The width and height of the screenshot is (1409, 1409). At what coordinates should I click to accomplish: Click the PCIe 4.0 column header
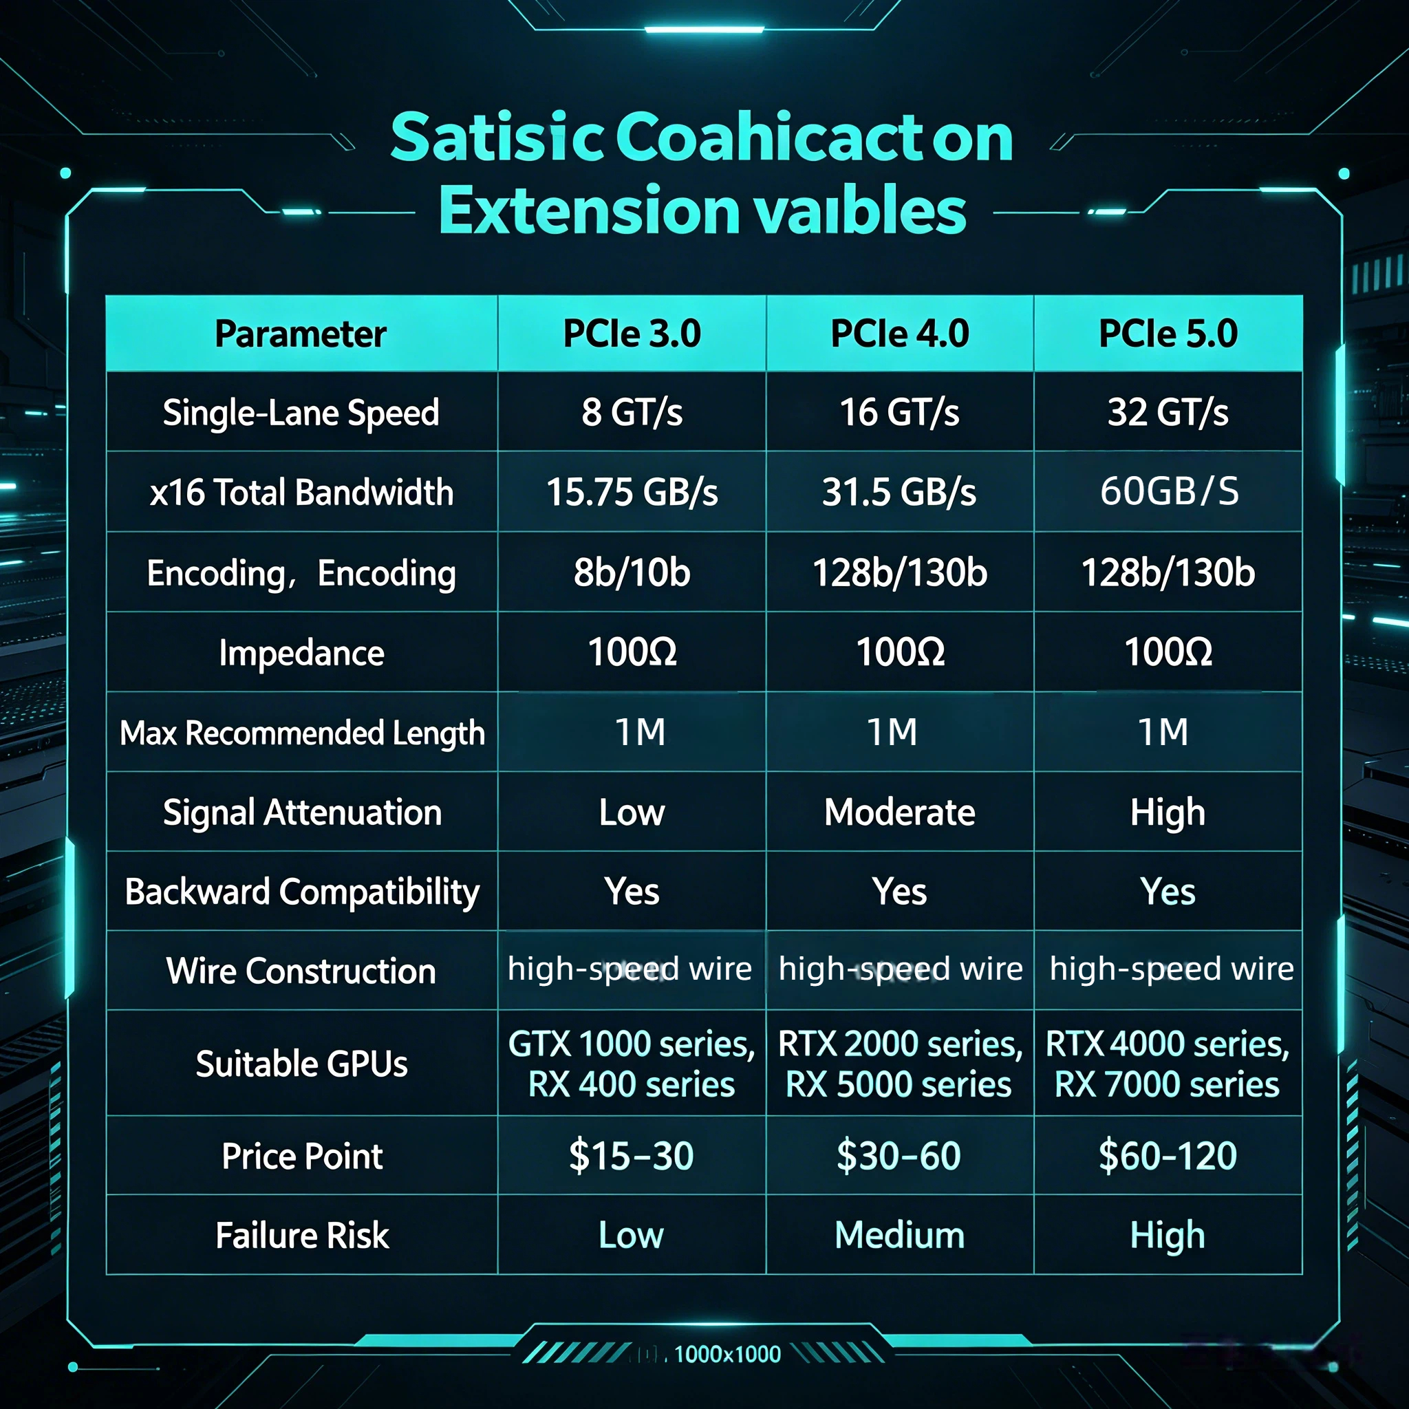point(899,333)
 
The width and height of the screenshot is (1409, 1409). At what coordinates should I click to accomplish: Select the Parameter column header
point(301,334)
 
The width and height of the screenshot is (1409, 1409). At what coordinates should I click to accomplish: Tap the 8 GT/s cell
point(632,412)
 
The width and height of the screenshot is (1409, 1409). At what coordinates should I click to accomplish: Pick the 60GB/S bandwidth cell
point(1169,491)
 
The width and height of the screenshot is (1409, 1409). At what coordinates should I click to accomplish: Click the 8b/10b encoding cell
point(632,572)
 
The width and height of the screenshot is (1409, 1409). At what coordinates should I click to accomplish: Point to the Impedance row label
point(301,653)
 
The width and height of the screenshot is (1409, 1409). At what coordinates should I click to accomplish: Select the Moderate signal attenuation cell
point(899,812)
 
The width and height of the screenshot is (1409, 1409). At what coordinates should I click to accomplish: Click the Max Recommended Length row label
point(302,733)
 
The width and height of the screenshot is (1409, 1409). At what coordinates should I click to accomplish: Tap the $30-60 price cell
point(899,1156)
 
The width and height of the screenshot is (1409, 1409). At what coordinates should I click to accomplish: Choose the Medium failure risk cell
point(899,1236)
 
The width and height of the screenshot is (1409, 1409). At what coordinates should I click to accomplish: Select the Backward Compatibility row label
point(302,892)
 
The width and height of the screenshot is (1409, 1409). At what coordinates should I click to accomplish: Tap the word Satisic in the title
point(497,137)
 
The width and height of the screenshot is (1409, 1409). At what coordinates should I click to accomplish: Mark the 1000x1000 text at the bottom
point(727,1354)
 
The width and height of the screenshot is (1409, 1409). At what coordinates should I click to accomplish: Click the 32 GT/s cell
point(1168,412)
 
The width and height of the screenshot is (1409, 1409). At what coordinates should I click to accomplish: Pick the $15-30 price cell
point(631,1156)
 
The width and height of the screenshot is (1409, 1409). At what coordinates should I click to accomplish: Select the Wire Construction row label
point(301,971)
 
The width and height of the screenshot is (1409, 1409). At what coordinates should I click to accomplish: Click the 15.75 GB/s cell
point(632,493)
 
